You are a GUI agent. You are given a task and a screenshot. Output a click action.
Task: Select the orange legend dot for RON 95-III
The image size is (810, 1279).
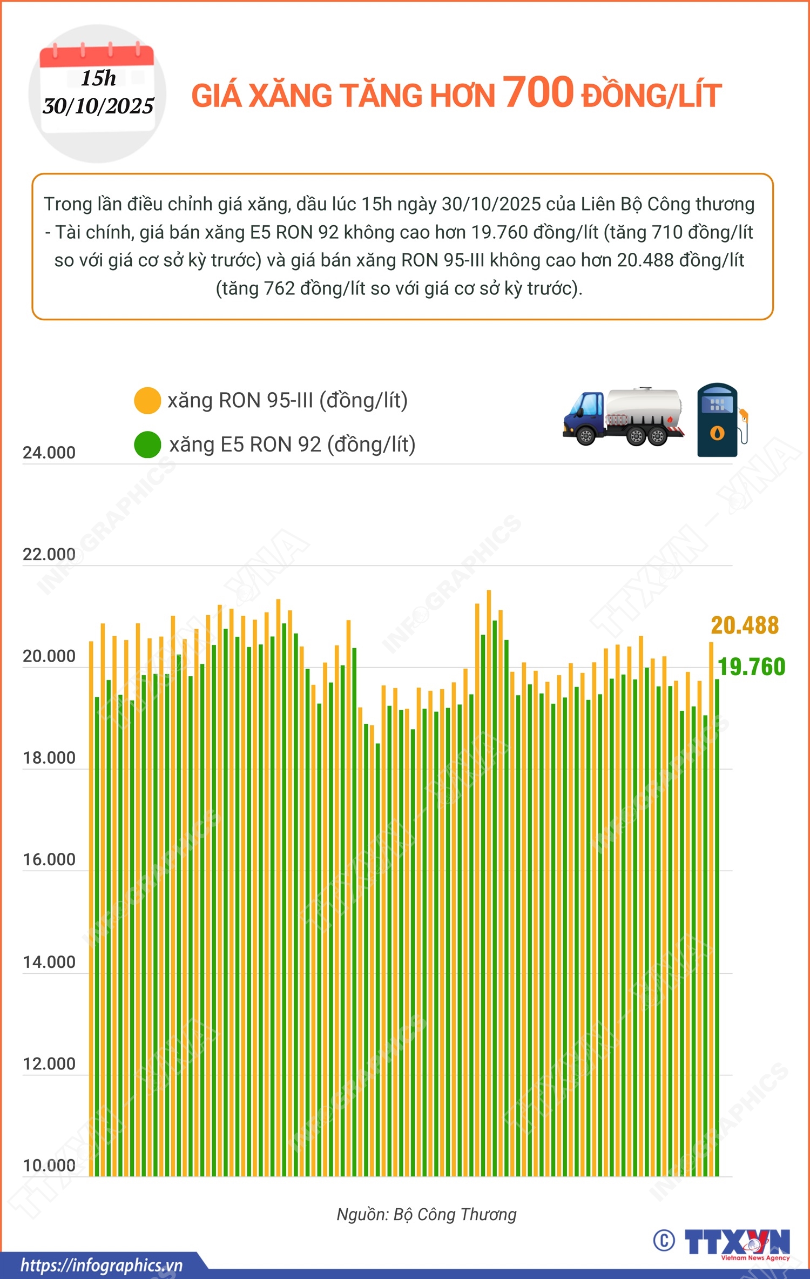point(147,401)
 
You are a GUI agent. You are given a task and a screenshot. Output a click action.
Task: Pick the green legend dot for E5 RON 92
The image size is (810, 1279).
point(147,445)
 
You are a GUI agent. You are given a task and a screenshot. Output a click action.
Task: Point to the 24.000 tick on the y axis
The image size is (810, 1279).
point(49,453)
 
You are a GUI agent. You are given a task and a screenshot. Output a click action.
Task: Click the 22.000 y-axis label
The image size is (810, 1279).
point(49,554)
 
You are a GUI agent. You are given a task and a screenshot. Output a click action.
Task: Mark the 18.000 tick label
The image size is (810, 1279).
point(49,758)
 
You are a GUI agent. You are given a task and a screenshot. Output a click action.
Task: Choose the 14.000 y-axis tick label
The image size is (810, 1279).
point(49,962)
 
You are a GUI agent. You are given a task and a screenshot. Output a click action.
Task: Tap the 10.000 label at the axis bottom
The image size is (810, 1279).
point(49,1166)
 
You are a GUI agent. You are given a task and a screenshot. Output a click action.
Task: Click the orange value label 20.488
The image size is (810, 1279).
point(745,625)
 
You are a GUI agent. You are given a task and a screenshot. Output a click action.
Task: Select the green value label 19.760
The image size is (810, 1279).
point(751,667)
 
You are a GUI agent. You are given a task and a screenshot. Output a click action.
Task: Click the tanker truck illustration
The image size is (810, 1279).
point(623,416)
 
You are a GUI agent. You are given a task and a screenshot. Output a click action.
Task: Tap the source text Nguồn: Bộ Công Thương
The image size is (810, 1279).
point(427,1214)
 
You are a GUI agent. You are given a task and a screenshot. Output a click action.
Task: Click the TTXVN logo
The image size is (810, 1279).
point(738,1242)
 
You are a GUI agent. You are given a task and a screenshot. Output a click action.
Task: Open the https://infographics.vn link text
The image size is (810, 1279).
point(102,1265)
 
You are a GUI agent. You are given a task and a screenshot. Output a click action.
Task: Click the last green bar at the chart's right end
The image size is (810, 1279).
point(717,918)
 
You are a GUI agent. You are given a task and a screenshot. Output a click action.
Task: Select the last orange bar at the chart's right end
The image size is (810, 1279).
point(711,907)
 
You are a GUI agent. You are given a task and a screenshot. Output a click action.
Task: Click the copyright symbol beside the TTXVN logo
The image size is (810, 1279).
point(664,1240)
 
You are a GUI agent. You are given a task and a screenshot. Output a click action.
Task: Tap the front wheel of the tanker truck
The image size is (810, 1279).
point(585,435)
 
